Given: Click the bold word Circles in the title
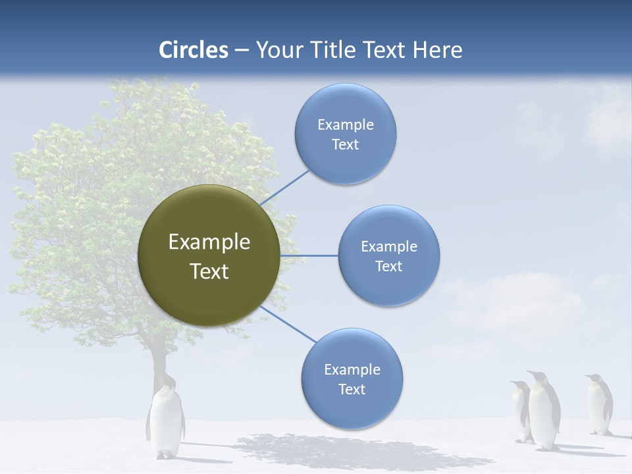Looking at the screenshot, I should (194, 50).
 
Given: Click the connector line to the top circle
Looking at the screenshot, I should (285, 187).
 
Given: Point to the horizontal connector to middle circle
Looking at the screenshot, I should (309, 255).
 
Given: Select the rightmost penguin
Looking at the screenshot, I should (599, 405).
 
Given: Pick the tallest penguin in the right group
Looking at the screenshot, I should (543, 411).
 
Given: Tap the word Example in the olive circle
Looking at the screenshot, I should (209, 242).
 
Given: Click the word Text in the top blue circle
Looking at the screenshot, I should (345, 145).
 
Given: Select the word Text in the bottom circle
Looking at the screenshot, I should (352, 390).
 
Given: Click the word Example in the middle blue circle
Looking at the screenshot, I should (388, 247).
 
